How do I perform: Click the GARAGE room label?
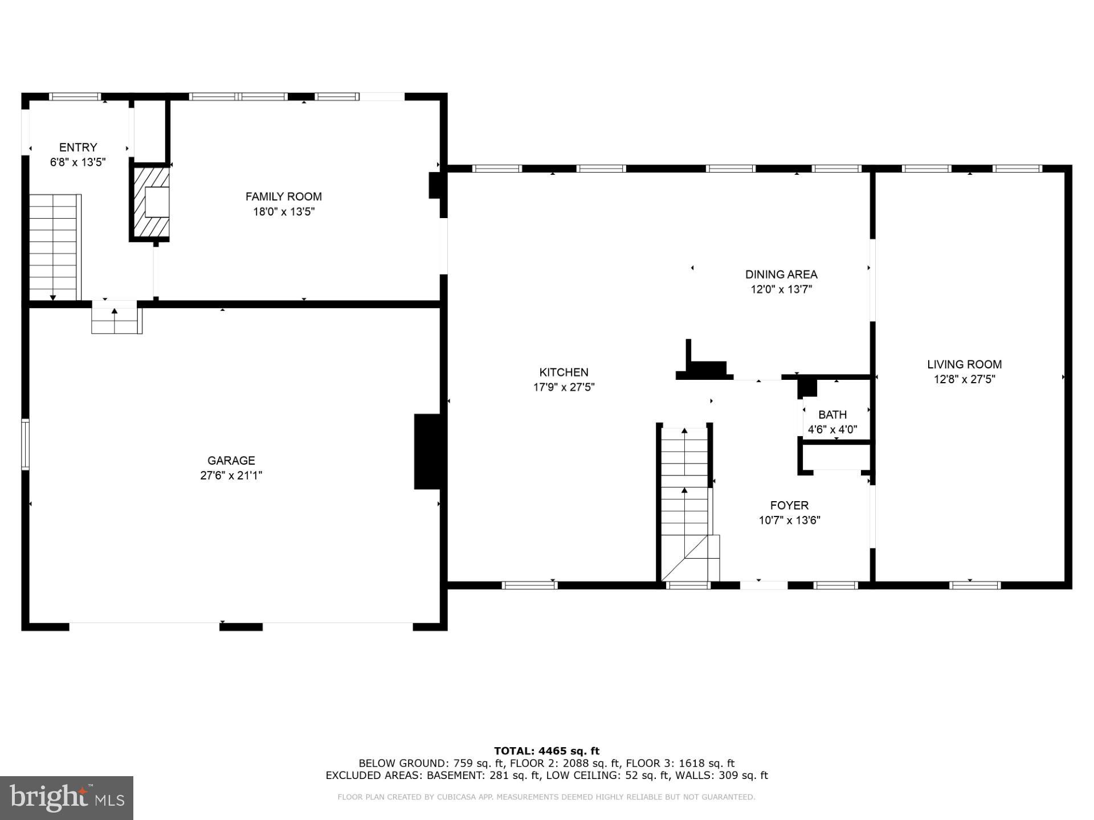point(231,460)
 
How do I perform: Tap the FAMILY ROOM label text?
point(283,196)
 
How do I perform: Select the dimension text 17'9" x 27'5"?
point(564,387)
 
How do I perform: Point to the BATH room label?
point(832,415)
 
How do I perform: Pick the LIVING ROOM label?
point(964,364)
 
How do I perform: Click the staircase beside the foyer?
point(686,501)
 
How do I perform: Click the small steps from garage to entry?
point(116,321)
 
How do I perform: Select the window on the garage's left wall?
point(25,444)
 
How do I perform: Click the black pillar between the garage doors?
point(241,627)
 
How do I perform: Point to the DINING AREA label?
point(781,274)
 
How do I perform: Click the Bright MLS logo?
point(66,798)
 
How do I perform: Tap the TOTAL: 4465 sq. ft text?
point(546,751)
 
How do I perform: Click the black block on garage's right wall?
point(426,451)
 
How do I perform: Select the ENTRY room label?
point(78,147)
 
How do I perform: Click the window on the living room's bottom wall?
point(974,585)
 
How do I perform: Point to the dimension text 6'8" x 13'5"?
point(78,162)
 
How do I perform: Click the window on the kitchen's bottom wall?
point(529,585)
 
